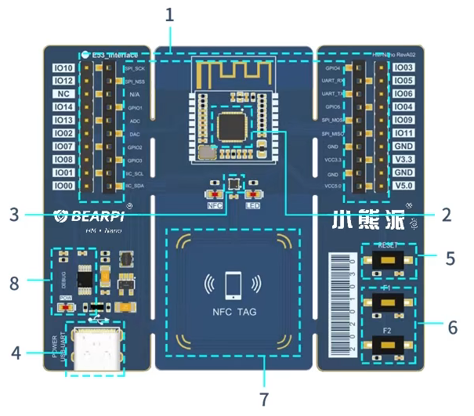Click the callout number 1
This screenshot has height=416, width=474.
171,14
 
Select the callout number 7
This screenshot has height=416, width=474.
264,399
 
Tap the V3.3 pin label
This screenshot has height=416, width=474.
403,160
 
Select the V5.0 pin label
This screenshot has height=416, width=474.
403,186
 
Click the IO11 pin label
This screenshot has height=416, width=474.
403,133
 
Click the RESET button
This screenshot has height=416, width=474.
386,260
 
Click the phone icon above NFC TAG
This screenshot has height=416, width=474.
233,284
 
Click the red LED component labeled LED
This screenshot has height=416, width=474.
252,194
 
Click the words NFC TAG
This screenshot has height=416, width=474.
233,311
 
